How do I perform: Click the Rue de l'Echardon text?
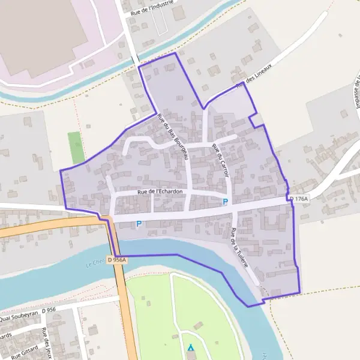tap(160, 191)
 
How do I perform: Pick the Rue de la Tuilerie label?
tap(241, 247)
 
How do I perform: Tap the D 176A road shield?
tap(298, 199)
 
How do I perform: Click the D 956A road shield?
tap(118, 260)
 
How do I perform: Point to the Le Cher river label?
tap(94, 263)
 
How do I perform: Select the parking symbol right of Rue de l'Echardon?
tap(226, 202)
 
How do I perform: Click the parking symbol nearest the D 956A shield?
tap(139, 224)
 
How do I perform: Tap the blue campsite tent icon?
tap(191, 347)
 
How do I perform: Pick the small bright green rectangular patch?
tap(76, 148)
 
